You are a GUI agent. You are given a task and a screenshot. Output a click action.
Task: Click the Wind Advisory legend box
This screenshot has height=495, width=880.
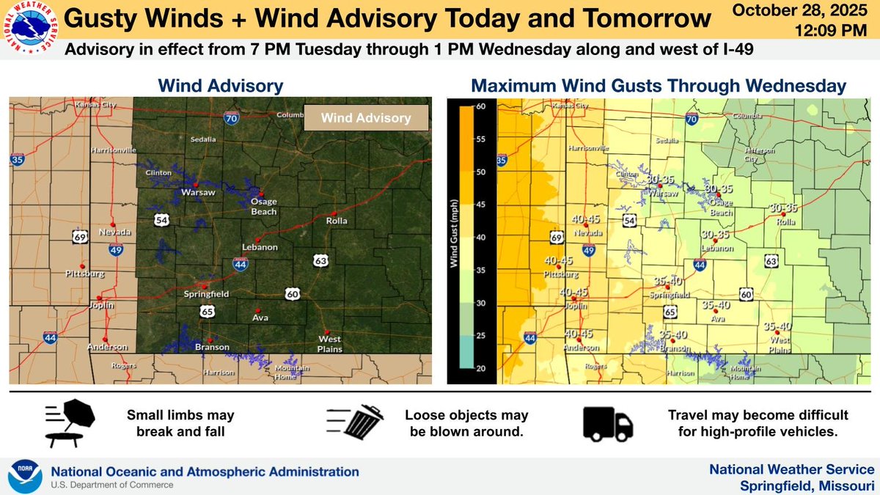(367, 118)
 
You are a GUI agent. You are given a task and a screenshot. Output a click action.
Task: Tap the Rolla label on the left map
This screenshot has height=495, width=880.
(337, 221)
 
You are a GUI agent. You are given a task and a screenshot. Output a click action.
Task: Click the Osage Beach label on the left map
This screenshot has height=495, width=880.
(263, 207)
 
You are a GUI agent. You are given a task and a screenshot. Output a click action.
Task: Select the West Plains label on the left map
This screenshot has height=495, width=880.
(330, 343)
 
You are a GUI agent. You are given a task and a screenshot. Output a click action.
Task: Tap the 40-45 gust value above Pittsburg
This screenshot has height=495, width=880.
(558, 261)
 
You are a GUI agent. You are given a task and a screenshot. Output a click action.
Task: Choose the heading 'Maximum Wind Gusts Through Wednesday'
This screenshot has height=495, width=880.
(659, 86)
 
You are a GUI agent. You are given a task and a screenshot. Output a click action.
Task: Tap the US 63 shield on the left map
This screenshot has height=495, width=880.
(319, 260)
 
